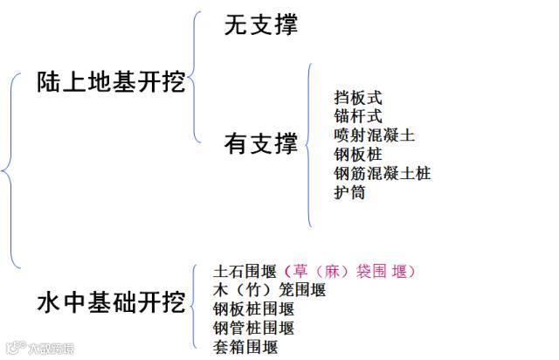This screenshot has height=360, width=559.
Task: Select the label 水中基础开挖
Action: click(111, 303)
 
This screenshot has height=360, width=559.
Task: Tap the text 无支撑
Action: click(261, 25)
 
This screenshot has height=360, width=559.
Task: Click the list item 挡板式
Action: click(358, 98)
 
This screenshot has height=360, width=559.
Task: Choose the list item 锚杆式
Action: click(358, 117)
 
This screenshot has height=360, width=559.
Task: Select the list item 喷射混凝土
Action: click(374, 136)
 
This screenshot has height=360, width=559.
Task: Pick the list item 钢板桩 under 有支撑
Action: click(358, 155)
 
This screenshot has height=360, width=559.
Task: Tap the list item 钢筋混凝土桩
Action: click(382, 173)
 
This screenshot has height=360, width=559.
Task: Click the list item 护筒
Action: click(349, 192)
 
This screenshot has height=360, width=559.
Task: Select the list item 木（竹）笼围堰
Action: click(269, 290)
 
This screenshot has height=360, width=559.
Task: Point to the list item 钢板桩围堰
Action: click(253, 309)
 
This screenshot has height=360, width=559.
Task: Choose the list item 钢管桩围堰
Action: click(253, 329)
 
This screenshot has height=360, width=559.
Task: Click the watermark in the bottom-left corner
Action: click(38, 350)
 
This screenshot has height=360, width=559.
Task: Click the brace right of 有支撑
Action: click(309, 144)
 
